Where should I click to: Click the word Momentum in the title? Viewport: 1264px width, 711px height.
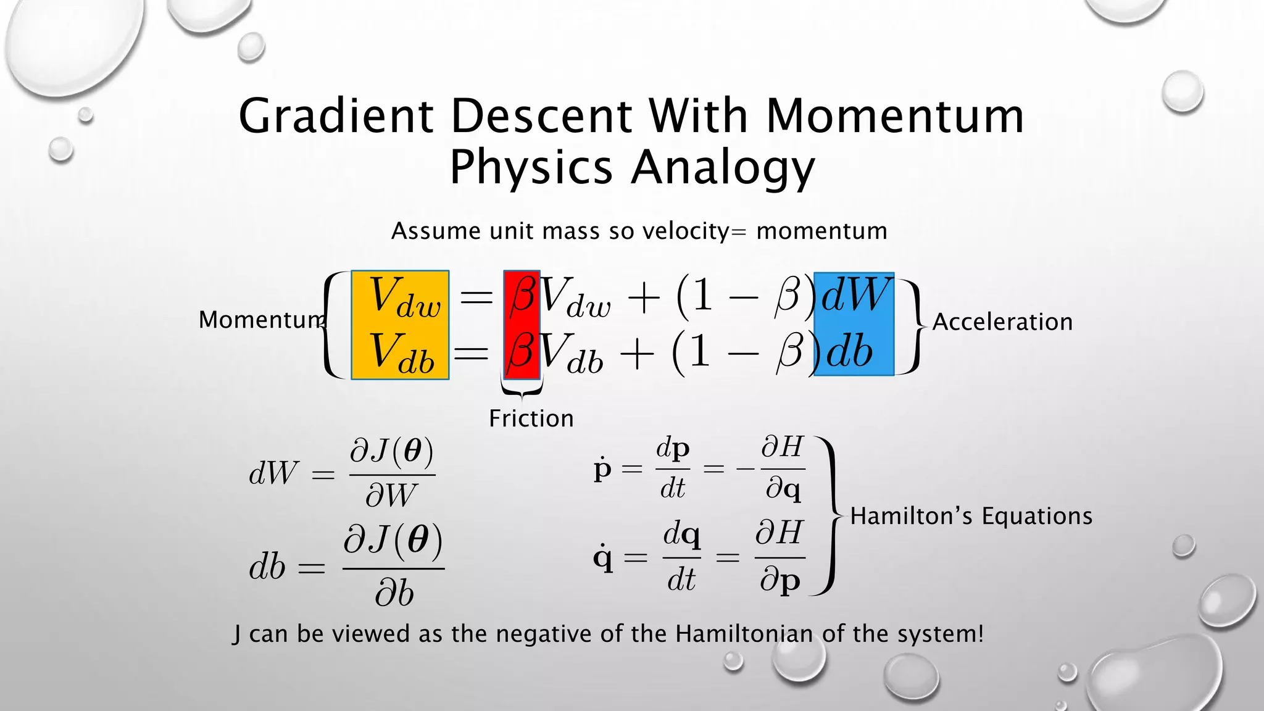(x=895, y=116)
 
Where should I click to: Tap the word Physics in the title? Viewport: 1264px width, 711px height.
(x=531, y=168)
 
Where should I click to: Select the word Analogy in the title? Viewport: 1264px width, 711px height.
(x=723, y=168)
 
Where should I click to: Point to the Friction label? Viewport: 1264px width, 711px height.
(x=531, y=418)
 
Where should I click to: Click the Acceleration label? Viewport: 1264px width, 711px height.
(x=1002, y=322)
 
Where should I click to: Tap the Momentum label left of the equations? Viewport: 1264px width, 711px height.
(x=262, y=320)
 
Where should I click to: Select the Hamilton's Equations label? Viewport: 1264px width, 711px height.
(x=971, y=516)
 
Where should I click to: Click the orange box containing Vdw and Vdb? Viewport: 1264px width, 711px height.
(x=400, y=325)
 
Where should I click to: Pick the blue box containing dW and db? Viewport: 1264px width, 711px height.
(x=854, y=324)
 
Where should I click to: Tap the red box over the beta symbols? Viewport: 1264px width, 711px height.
(x=522, y=324)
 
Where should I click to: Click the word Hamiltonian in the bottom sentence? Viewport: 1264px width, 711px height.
(x=744, y=634)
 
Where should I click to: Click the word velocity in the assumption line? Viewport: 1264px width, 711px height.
(x=686, y=231)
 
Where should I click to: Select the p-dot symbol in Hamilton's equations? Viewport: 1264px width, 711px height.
(x=602, y=469)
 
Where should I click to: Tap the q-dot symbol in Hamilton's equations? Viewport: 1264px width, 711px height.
(x=603, y=559)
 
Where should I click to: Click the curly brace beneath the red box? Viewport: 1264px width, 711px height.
(x=522, y=389)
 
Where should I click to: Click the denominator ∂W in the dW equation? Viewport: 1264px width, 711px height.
(x=391, y=495)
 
